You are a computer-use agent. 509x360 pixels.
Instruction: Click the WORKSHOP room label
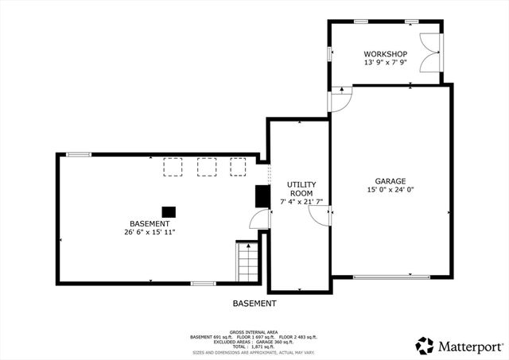(x=385, y=53)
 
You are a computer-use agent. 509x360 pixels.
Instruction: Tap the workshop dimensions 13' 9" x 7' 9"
(x=385, y=62)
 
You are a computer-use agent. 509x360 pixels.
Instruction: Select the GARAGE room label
(x=390, y=181)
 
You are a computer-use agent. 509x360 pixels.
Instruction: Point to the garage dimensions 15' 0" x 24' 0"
(x=390, y=190)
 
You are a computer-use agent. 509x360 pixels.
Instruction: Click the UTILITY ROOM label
(x=300, y=189)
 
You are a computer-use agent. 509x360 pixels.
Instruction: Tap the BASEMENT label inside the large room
(x=150, y=224)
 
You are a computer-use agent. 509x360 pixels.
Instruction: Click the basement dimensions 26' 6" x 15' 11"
(x=150, y=233)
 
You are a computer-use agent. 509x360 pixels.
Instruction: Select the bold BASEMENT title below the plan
(x=254, y=304)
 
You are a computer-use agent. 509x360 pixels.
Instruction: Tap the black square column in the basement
(x=169, y=211)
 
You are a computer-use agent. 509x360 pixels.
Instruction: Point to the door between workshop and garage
(x=340, y=99)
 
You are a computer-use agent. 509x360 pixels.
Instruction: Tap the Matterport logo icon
(x=425, y=346)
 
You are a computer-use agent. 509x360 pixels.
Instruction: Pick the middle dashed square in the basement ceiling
(x=206, y=166)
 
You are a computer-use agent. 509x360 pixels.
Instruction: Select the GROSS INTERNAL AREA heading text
(x=254, y=331)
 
